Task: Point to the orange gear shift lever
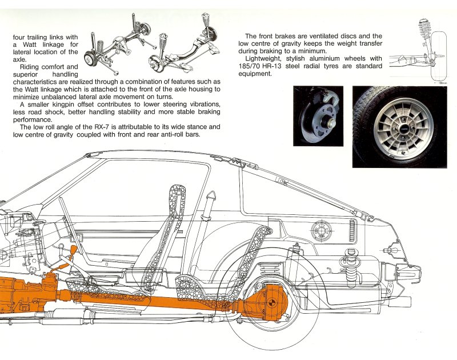[x=72, y=255]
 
